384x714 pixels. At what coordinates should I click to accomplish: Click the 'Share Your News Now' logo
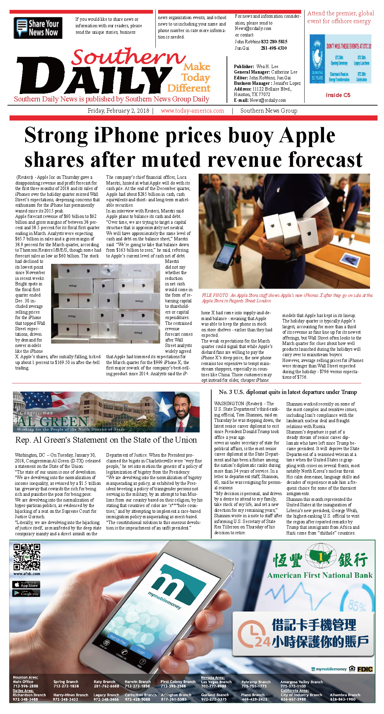click(x=38, y=28)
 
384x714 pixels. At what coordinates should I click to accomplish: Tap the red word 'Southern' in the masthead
click(x=128, y=57)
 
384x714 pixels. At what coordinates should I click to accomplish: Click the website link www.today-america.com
click(x=192, y=111)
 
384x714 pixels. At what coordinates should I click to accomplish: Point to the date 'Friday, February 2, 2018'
click(x=118, y=111)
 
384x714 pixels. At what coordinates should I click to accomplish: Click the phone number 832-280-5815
click(x=274, y=42)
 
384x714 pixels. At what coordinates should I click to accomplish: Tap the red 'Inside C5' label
click(x=338, y=95)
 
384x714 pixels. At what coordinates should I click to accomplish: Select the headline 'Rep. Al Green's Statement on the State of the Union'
click(x=106, y=440)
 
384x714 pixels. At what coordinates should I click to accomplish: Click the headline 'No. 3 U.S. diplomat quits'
click(x=288, y=392)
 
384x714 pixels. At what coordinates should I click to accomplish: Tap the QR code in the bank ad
click(x=27, y=557)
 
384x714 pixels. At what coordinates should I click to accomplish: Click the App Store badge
click(x=26, y=585)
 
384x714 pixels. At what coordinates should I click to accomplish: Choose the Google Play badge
click(x=26, y=593)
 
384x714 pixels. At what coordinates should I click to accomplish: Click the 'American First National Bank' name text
click(x=320, y=575)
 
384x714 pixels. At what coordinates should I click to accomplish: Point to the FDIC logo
click(x=365, y=669)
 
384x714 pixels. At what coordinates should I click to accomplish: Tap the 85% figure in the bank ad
click(x=357, y=605)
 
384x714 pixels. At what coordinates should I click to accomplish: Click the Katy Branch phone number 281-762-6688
click(x=106, y=686)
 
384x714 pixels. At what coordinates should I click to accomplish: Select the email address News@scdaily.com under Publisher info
click(x=267, y=100)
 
